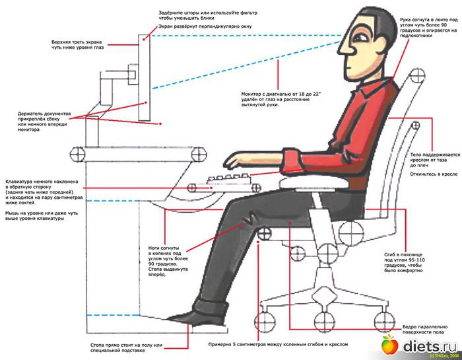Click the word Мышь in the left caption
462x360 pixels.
coord(13,214)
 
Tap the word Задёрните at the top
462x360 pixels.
coord(174,13)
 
